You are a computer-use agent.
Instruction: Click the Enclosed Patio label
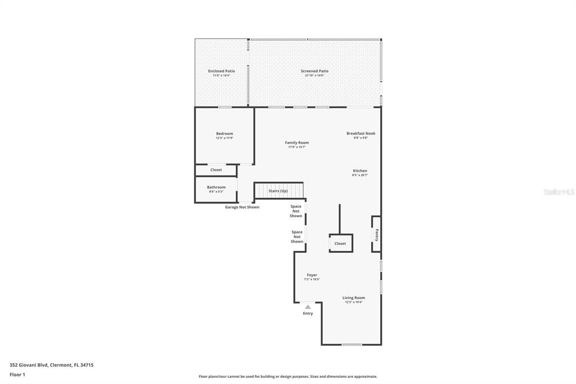[x=221, y=71]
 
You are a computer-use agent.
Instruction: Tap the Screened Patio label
[x=314, y=71]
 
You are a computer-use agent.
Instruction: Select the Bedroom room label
[x=224, y=133]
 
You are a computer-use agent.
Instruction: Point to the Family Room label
[x=296, y=142]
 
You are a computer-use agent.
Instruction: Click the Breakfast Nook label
[x=361, y=133]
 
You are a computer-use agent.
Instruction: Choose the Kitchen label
[x=360, y=171]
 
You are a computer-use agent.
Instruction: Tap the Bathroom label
[x=216, y=187]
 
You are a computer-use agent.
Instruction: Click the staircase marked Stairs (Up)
[x=278, y=191]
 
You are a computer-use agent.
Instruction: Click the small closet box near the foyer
[x=341, y=243]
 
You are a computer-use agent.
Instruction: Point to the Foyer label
[x=312, y=275]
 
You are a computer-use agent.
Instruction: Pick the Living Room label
[x=354, y=297]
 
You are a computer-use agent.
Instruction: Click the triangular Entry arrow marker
[x=308, y=307]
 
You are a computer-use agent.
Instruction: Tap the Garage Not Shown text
[x=242, y=207]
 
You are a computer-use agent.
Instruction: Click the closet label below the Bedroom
[x=216, y=169]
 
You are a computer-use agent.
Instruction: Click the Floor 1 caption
[x=17, y=374]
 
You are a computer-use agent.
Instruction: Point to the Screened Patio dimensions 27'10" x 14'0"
[x=314, y=75]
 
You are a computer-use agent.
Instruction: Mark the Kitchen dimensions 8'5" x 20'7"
[x=360, y=175]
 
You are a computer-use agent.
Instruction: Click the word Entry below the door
[x=308, y=314]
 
